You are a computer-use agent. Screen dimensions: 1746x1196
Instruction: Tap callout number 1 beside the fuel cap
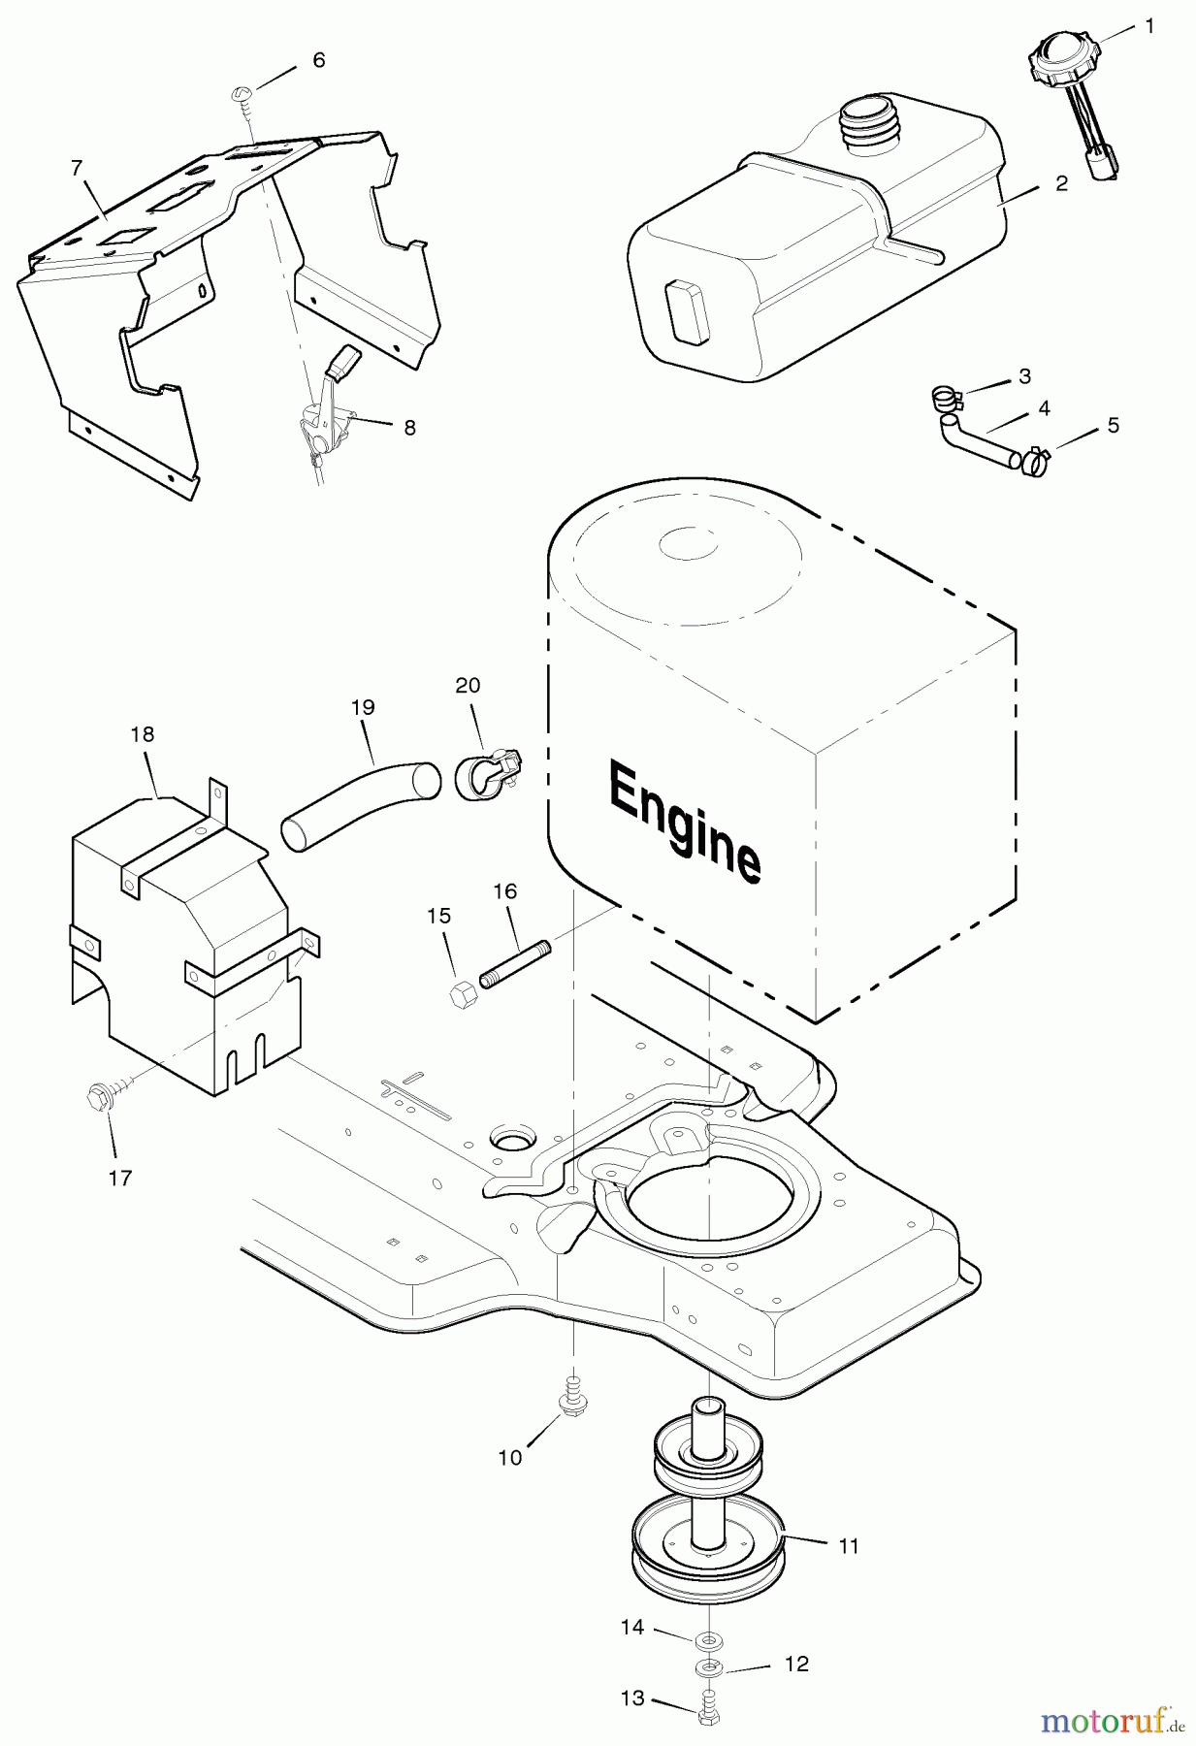point(1149,26)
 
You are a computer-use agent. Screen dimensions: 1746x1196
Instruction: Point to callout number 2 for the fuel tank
point(1061,183)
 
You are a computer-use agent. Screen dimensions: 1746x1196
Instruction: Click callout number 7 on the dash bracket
point(77,167)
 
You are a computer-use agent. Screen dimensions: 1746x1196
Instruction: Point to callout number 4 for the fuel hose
point(1044,408)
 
